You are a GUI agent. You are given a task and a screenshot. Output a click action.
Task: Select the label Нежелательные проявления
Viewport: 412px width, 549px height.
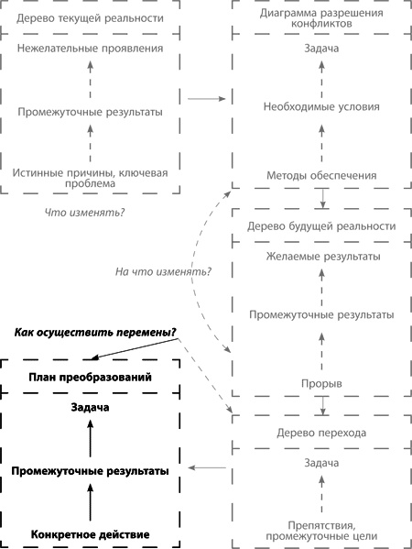coord(90,49)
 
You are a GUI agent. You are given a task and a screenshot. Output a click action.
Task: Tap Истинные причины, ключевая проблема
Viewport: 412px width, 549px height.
coord(90,177)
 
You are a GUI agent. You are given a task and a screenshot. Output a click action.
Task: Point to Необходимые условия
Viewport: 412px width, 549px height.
coord(321,105)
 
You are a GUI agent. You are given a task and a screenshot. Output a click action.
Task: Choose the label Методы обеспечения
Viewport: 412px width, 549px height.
coord(321,176)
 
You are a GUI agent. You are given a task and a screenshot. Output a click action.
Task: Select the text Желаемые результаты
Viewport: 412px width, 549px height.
coord(321,257)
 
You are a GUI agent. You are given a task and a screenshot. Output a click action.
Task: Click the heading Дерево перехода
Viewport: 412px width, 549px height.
coord(321,432)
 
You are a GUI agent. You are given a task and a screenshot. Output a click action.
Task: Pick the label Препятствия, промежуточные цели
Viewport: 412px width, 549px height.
coord(321,527)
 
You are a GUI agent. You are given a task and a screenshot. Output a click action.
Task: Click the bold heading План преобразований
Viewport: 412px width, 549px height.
coord(90,377)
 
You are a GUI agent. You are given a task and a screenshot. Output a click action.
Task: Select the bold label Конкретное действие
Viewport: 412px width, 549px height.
coord(90,533)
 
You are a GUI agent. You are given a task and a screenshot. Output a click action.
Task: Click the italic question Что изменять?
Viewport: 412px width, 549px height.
coord(85,213)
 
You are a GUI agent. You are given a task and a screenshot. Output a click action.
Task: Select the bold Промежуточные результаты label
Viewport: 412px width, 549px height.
coord(90,470)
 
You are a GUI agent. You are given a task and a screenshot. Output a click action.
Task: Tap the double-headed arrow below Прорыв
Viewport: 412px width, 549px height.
coord(322,404)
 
